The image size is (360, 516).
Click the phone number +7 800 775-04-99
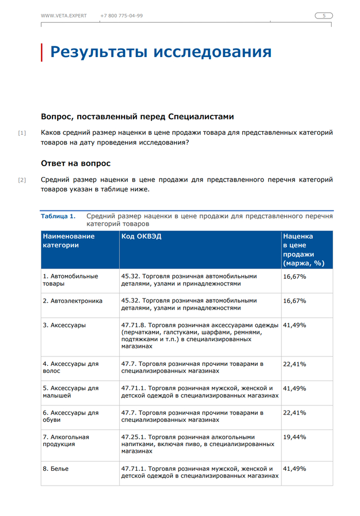tap(121, 16)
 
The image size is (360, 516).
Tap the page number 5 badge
tap(324, 16)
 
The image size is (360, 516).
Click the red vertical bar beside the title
tap(42, 52)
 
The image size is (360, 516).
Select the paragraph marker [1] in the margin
tap(22, 133)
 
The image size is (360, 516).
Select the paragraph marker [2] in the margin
tap(22, 180)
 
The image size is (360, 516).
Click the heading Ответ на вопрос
tap(76, 163)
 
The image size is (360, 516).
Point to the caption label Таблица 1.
tap(58, 216)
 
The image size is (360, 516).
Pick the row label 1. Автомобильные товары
tap(70, 280)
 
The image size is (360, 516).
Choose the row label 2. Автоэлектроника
tap(73, 300)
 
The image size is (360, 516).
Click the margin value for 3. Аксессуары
tap(295, 325)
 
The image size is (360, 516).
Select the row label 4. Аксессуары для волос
tap(70, 367)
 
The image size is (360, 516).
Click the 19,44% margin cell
tap(295, 437)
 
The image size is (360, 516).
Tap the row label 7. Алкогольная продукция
tap(66, 440)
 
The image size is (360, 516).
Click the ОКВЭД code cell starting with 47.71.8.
tap(200, 336)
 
